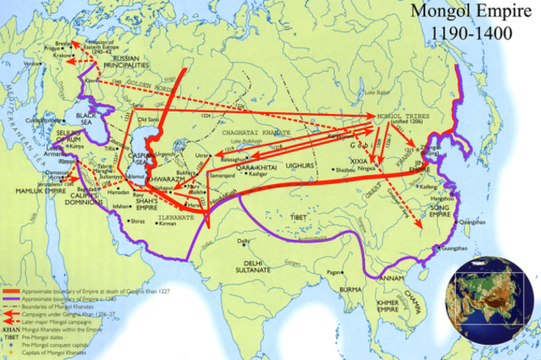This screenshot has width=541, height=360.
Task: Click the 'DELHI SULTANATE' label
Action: tap(249, 257)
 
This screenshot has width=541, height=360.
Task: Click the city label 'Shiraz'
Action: tap(136, 221)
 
